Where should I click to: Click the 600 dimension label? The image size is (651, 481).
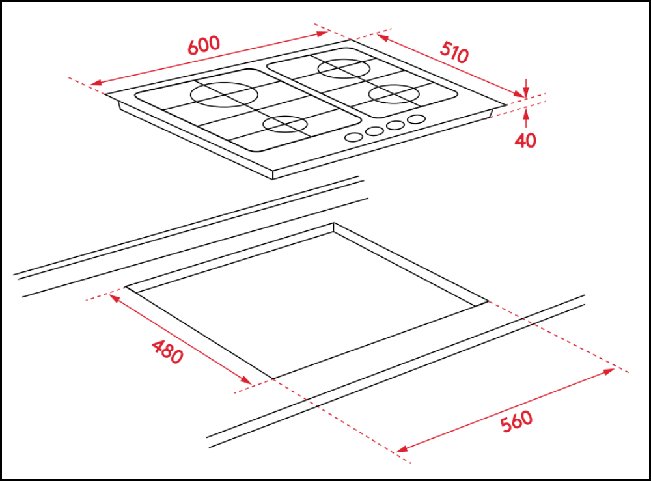coord(204,45)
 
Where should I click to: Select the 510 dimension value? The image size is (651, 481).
coord(454,52)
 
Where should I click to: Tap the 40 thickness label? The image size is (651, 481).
coord(525,140)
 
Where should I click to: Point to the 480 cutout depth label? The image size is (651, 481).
coord(167,351)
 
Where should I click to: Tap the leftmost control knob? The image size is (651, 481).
coord(353,137)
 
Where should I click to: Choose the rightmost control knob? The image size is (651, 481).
coord(417,119)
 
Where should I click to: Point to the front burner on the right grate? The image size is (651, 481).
coord(394,94)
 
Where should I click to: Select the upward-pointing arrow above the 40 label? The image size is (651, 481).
coord(525,114)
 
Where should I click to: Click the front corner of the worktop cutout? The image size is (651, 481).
coord(272,378)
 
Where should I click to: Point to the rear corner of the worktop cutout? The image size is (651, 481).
coord(333,223)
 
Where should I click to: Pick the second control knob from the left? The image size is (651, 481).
coord(374,131)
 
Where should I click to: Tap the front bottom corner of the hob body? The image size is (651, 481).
coord(273,178)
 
